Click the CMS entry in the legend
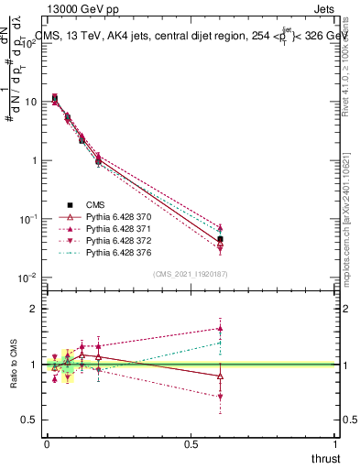[96, 204]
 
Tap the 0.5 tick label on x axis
[191, 443]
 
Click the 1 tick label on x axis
[336, 443]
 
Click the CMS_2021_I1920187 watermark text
[190, 274]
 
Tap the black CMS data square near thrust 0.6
[220, 239]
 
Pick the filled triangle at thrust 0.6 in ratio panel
[220, 328]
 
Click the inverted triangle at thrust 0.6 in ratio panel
[220, 397]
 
